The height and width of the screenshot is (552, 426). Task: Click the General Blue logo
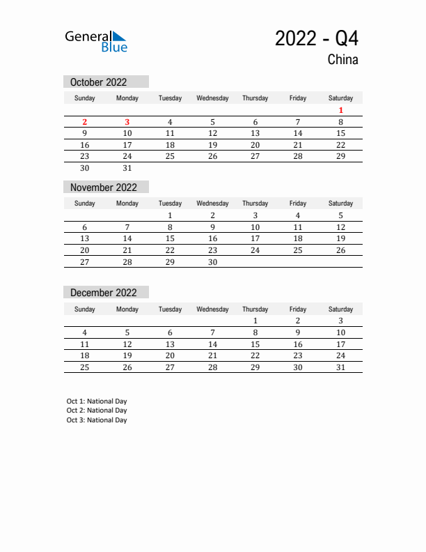tap(96, 41)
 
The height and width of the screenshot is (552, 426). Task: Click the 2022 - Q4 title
tap(317, 38)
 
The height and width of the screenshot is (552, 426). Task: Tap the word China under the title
tap(342, 60)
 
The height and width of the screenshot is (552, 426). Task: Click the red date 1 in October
tap(340, 110)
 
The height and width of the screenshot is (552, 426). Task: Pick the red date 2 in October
tap(85, 122)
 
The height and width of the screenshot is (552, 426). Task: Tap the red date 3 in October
tap(127, 122)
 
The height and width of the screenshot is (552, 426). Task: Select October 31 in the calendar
tap(127, 168)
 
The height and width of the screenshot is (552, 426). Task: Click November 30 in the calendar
tap(212, 262)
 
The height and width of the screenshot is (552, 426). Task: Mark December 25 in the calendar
tap(85, 367)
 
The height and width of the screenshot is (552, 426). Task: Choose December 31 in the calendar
tap(340, 367)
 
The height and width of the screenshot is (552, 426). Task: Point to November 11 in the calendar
tap(298, 227)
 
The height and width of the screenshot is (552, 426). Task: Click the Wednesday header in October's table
tap(212, 98)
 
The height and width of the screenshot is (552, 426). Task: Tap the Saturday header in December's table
tap(340, 309)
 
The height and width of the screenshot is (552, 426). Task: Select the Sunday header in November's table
tap(85, 204)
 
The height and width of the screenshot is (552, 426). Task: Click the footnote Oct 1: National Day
tap(97, 401)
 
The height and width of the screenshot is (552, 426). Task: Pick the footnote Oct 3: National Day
tap(97, 420)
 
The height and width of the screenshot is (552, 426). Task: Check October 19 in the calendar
tap(212, 145)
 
